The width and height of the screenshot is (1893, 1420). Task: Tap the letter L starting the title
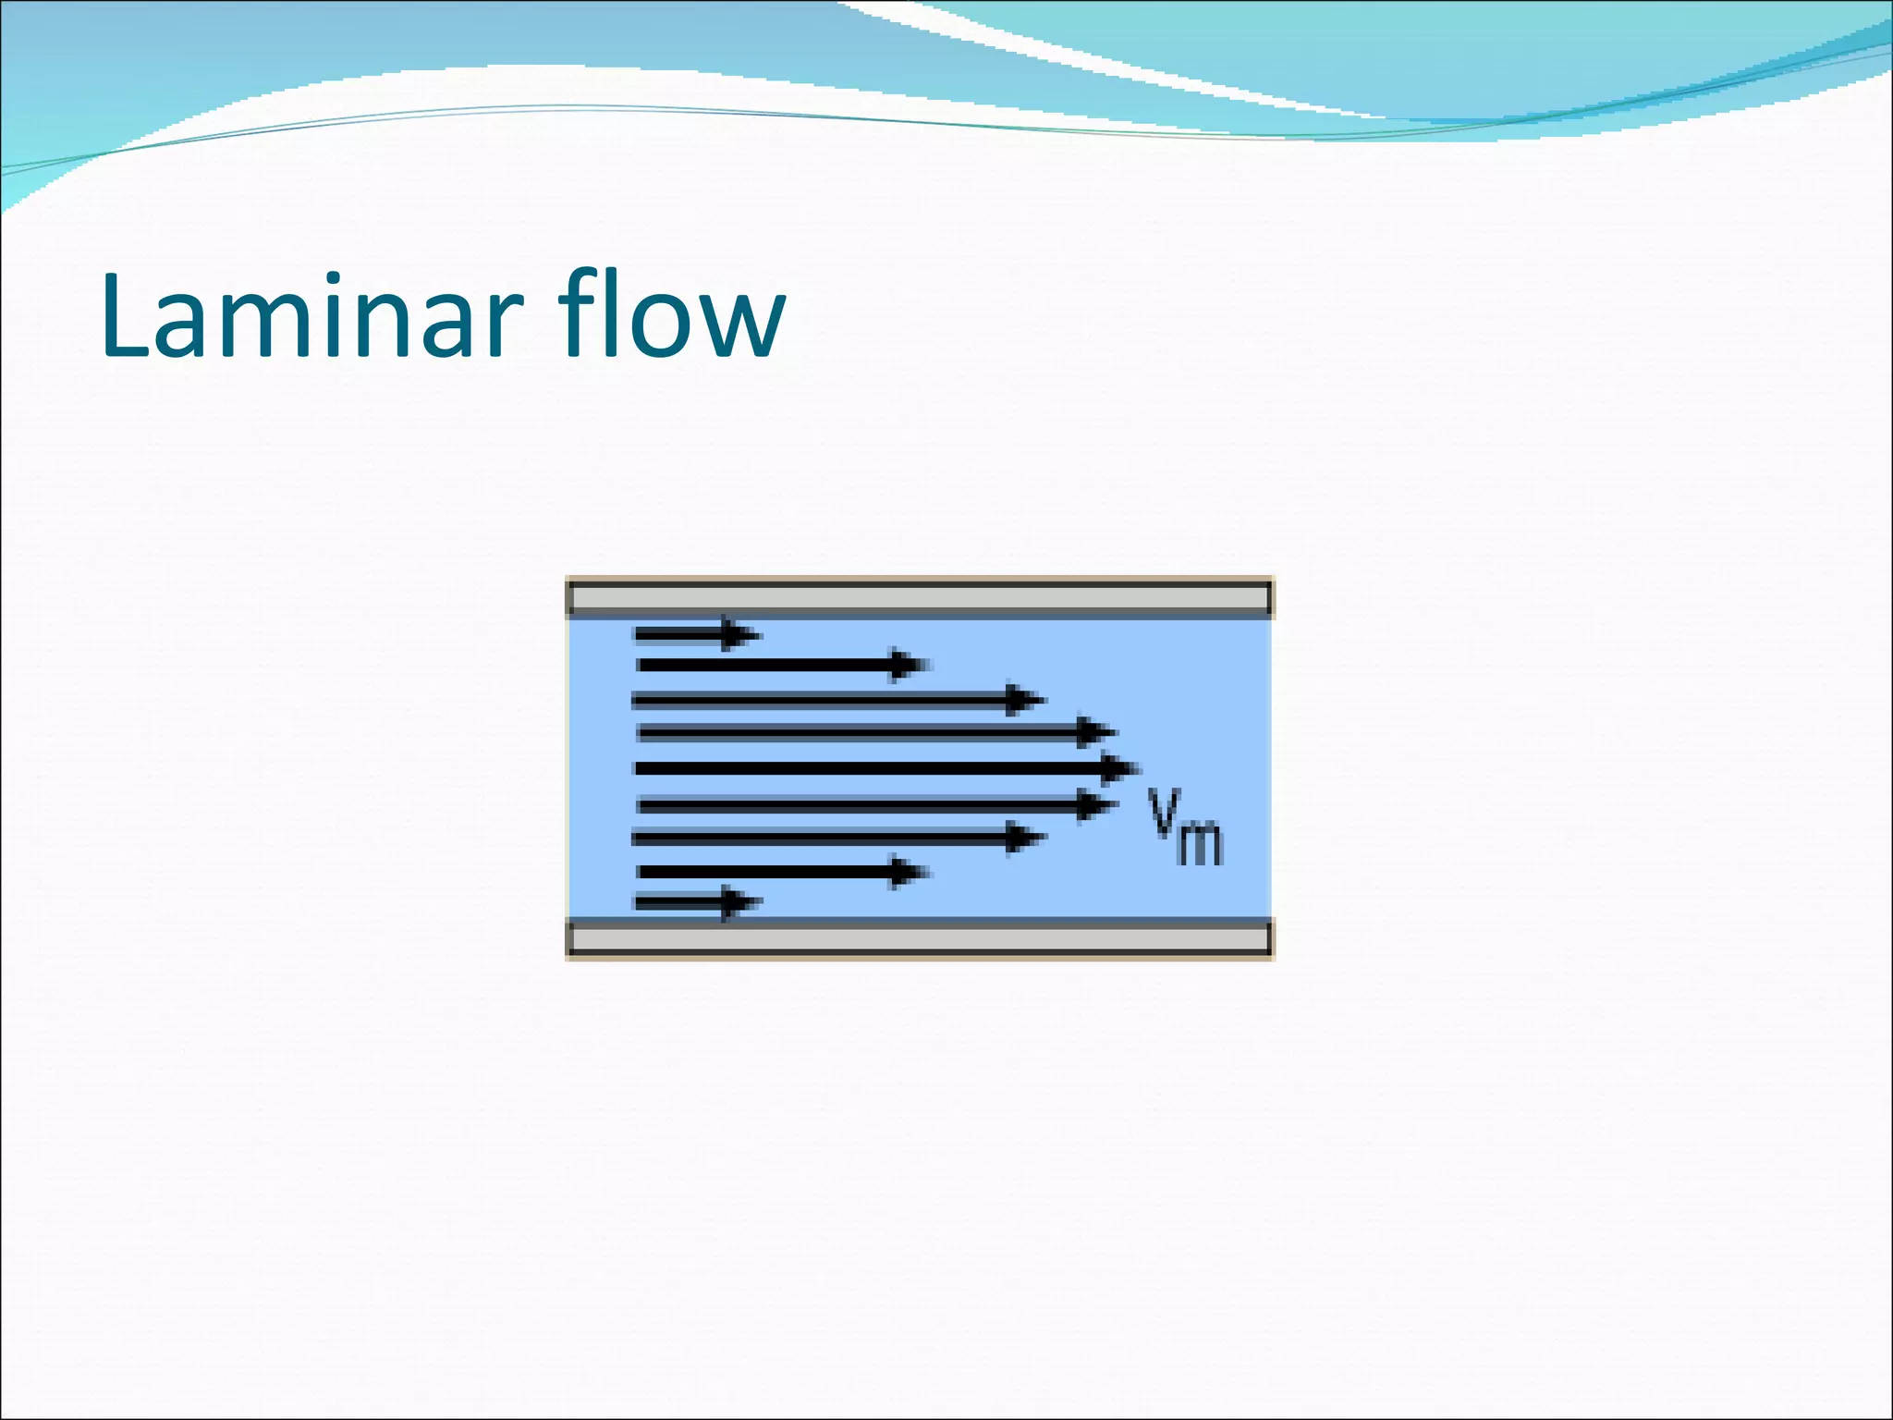[x=125, y=316]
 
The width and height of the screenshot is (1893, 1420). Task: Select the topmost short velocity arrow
[x=693, y=634]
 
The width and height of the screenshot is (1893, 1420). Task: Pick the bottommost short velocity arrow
[x=693, y=902]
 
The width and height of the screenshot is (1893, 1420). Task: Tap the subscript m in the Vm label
[x=1200, y=842]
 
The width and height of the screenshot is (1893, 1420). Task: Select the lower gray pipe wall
[x=920, y=939]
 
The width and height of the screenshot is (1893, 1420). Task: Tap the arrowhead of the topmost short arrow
[x=739, y=634]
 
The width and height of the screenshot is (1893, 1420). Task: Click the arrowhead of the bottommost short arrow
[x=740, y=902]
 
